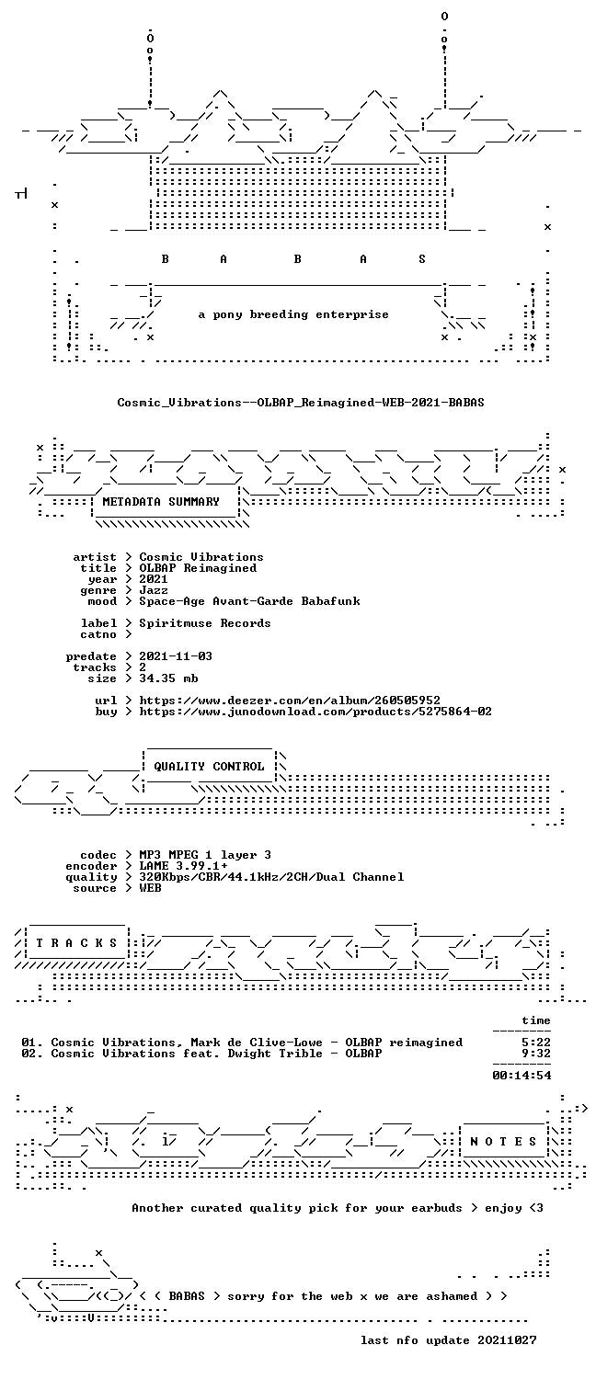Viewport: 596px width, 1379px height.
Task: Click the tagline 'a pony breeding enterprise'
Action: point(293,314)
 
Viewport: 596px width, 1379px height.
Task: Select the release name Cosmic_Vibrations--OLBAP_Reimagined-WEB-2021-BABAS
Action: point(301,403)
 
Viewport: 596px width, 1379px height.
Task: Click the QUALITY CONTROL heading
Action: point(209,767)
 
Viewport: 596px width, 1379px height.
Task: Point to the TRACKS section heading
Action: point(76,943)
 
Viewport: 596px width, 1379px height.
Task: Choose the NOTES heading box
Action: point(503,1142)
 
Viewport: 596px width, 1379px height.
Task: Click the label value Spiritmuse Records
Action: point(205,623)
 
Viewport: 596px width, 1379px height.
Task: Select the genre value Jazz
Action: point(154,590)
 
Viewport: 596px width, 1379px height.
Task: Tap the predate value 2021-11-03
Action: point(176,656)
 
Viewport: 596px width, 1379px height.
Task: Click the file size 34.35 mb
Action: point(168,678)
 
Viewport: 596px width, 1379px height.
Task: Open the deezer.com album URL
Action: point(290,701)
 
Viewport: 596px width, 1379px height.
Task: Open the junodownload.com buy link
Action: point(315,712)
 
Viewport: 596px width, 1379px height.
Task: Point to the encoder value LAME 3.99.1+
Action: point(183,866)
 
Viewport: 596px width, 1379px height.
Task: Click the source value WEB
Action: point(150,888)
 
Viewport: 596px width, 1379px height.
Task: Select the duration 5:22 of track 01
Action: point(535,1043)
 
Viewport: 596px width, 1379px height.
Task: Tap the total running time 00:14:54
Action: point(521,1076)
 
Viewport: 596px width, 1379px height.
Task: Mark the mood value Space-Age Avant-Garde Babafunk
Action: point(249,601)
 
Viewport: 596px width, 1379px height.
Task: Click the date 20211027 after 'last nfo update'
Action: point(507,1340)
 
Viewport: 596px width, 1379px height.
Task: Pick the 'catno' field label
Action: point(97,634)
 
